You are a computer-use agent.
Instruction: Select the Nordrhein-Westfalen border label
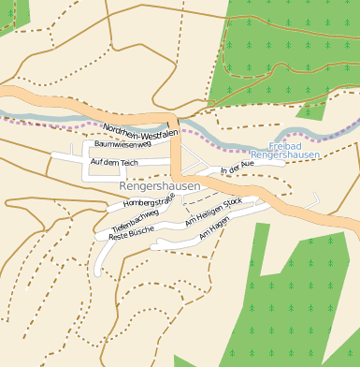tap(139, 133)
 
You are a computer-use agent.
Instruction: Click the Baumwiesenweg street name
tap(122, 145)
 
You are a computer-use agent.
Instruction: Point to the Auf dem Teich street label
tap(114, 163)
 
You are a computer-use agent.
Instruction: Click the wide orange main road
tap(56, 98)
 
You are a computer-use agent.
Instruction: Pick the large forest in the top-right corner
tap(290, 47)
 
